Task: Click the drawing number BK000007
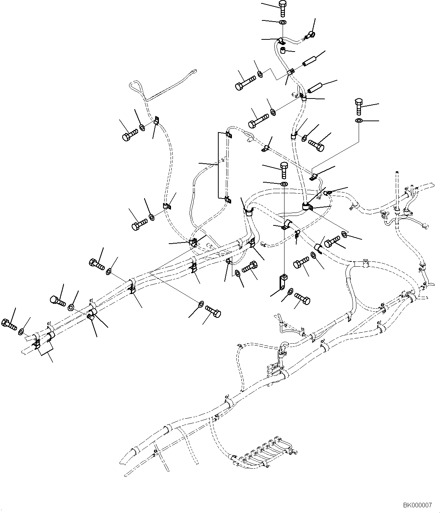pyautogui.click(x=417, y=505)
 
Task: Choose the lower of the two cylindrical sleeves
pyautogui.click(x=314, y=87)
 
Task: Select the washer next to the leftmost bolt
pyautogui.click(x=22, y=332)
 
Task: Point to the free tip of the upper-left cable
pyautogui.click(x=195, y=70)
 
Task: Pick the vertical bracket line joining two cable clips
pyautogui.click(x=218, y=165)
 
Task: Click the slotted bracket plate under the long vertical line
pyautogui.click(x=282, y=282)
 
